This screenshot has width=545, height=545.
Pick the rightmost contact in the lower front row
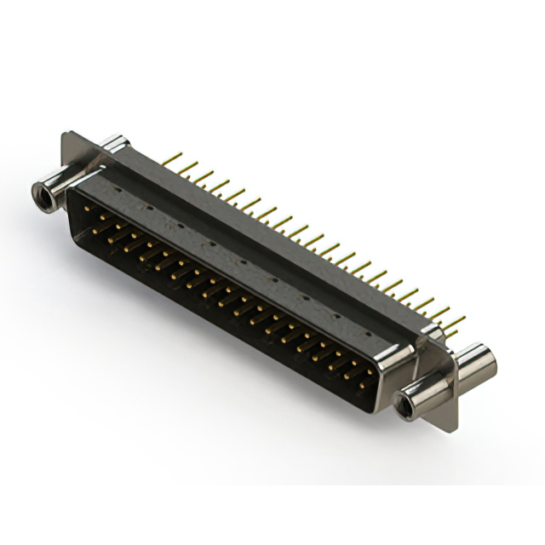[x=362, y=385]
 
